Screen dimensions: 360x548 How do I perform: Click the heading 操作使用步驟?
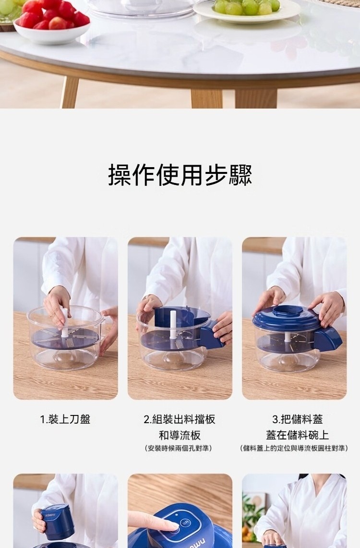180,175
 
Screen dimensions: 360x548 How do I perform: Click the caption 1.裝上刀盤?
65,419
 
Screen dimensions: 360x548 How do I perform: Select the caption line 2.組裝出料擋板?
180,419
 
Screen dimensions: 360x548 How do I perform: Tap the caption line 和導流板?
180,435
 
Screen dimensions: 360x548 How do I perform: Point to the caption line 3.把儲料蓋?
298,419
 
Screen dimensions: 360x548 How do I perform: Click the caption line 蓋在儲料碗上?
298,435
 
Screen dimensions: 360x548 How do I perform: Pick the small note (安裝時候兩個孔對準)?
179,448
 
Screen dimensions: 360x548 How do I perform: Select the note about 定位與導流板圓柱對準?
294,448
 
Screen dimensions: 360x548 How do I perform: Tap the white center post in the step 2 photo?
173,325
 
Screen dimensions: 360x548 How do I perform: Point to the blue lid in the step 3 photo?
287,318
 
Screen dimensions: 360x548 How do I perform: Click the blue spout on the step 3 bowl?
327,339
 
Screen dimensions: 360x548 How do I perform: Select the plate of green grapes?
247,10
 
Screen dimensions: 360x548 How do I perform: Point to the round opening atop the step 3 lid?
288,310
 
